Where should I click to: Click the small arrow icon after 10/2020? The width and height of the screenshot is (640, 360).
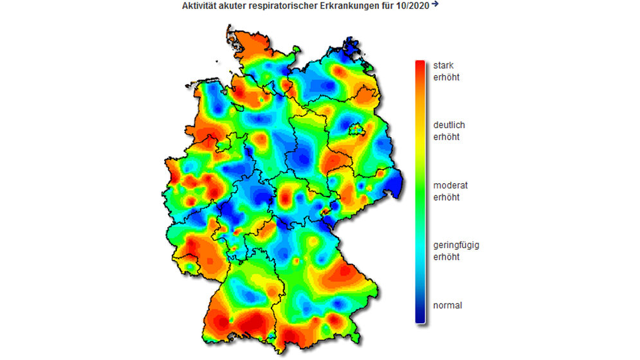coord(435,4)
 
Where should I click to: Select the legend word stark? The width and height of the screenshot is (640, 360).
coord(444,66)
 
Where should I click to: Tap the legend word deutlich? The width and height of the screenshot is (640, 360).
coord(449,125)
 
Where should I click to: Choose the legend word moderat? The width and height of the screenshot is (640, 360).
coord(450,185)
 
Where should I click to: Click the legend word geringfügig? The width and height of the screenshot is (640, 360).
coord(456,245)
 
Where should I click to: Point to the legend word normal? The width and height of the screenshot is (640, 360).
coord(448,305)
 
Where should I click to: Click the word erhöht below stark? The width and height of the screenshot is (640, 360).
coord(446,78)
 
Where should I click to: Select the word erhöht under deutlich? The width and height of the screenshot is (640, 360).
coord(446,138)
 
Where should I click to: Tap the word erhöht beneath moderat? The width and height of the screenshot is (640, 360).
coord(446,197)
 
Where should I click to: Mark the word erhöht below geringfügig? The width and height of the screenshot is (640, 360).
coord(446,257)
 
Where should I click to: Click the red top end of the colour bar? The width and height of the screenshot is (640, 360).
coord(420,64)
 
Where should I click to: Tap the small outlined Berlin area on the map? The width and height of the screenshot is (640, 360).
coord(356,130)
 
